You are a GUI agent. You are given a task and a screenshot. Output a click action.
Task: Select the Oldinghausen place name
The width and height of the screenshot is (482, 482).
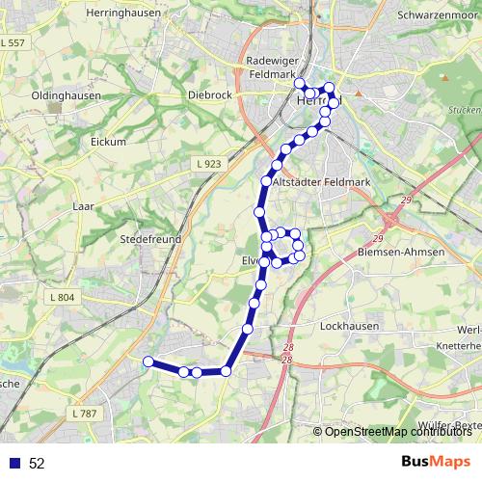pos(69,97)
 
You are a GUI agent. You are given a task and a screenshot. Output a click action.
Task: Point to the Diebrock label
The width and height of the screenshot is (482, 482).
pos(209,95)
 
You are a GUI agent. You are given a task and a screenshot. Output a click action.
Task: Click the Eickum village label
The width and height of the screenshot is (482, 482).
pos(110,142)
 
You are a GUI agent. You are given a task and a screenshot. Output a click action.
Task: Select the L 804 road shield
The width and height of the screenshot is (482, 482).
pos(60,297)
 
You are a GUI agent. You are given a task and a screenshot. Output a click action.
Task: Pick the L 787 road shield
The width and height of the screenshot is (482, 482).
pos(85,413)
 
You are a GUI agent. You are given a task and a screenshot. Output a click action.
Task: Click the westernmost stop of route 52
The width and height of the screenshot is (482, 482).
pos(147,361)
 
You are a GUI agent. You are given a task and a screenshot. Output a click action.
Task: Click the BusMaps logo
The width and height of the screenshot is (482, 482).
pos(436,462)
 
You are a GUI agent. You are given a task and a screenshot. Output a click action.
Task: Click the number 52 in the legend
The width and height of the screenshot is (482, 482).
pos(37,464)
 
